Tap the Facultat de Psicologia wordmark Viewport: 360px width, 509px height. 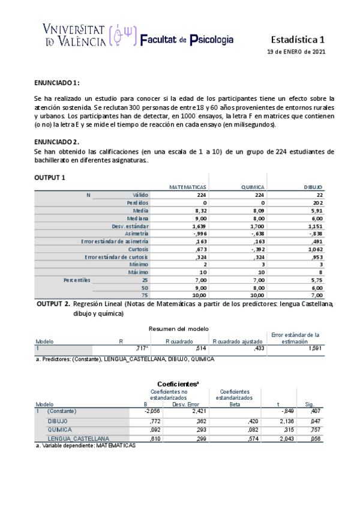[187, 40]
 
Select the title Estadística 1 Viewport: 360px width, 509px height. [298, 40]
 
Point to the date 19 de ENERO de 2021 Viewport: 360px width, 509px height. [296, 52]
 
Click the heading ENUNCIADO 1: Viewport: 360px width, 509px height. [57, 82]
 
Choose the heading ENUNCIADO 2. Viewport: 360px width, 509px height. [57, 142]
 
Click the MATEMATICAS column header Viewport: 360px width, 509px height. [188, 187]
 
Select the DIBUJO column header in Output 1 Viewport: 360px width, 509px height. [313, 187]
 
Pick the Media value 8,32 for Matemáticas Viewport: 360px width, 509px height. [201, 211]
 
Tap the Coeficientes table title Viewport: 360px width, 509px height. [179, 384]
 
